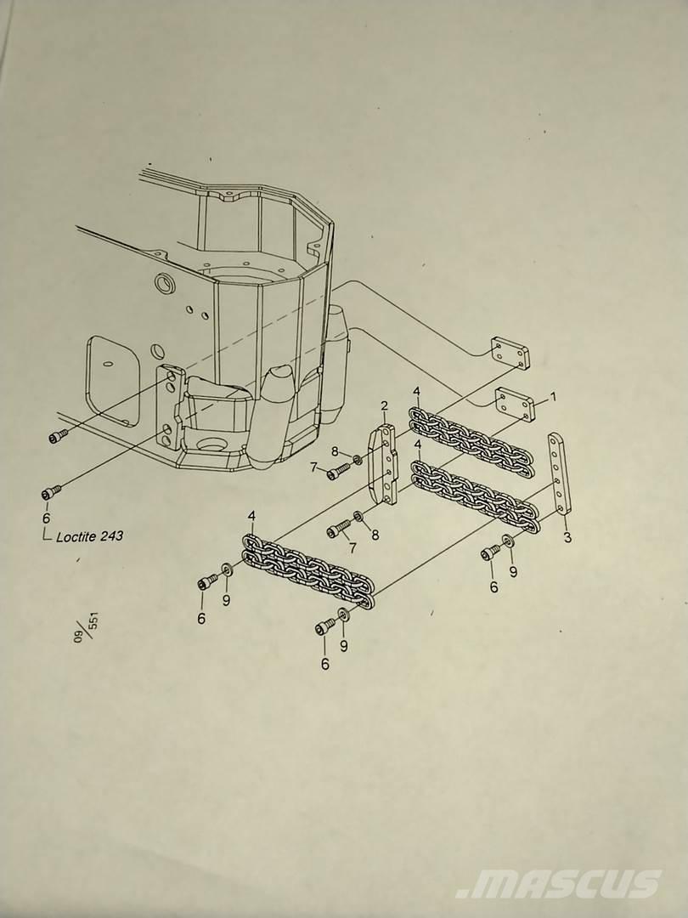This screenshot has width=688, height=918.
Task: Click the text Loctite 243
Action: (x=89, y=536)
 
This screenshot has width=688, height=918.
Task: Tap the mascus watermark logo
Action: (x=559, y=883)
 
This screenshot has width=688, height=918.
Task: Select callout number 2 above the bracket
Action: (x=385, y=406)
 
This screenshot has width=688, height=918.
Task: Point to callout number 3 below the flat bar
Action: (x=567, y=537)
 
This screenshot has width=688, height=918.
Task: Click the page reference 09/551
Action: (x=86, y=628)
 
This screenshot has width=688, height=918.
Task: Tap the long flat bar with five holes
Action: (x=559, y=473)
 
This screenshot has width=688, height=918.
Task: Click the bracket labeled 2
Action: (x=383, y=464)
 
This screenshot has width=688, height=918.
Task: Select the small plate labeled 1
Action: (x=515, y=404)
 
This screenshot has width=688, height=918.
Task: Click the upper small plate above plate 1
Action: (x=510, y=353)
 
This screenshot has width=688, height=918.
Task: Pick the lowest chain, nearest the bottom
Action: (x=308, y=571)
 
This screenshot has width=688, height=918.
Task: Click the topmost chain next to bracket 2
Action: (x=471, y=443)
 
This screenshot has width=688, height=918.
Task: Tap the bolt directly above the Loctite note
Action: (x=52, y=492)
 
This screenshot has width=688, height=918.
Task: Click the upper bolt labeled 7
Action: (x=339, y=471)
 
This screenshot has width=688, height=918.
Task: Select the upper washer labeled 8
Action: (x=357, y=458)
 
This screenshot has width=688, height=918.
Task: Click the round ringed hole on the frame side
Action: (x=166, y=284)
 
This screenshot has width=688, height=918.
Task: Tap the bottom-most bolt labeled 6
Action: (x=325, y=627)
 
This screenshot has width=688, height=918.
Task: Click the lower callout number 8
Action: (x=375, y=535)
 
